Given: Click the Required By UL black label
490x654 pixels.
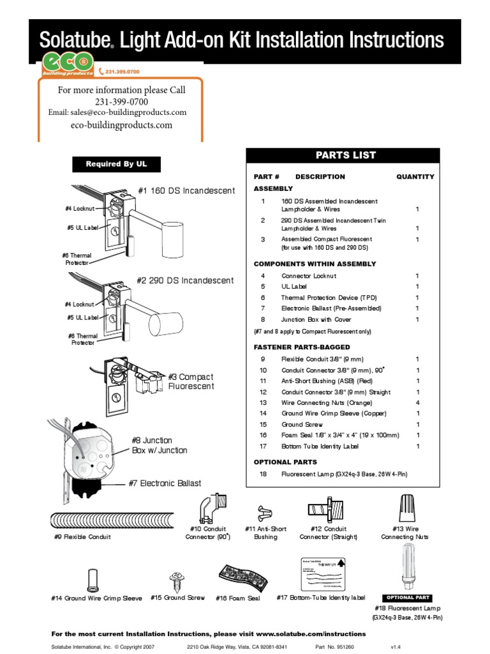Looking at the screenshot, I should tap(116, 164).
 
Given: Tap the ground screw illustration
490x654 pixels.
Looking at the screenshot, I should tap(177, 581).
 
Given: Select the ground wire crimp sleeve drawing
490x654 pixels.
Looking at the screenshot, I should tap(92, 580).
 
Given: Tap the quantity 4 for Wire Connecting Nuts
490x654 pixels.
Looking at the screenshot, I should tap(417, 403).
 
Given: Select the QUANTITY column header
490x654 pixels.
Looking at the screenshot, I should tap(415, 177).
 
